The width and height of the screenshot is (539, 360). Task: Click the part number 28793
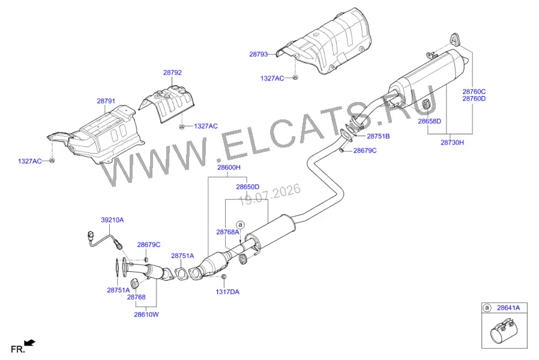[259, 54]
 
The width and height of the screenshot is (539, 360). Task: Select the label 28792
[172, 73]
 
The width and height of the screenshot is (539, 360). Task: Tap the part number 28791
[106, 101]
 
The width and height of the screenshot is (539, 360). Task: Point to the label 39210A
[112, 220]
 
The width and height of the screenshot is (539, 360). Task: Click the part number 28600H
[229, 167]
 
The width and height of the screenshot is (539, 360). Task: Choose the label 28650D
[247, 187]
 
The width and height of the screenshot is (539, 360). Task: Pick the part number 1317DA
[227, 292]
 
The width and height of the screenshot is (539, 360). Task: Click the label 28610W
[146, 314]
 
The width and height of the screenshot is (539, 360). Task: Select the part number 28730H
[452, 142]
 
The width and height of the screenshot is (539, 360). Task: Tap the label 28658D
[429, 121]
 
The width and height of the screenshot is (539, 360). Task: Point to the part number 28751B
[378, 136]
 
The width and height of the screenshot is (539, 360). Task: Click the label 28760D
[474, 98]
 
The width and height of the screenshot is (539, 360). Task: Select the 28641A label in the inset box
[508, 308]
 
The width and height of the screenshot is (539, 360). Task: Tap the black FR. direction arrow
[30, 343]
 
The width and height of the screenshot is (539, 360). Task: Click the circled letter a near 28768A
[240, 225]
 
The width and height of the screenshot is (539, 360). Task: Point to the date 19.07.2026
[270, 194]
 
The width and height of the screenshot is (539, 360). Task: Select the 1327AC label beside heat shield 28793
[272, 79]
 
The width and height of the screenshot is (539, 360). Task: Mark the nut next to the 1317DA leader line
[223, 277]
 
